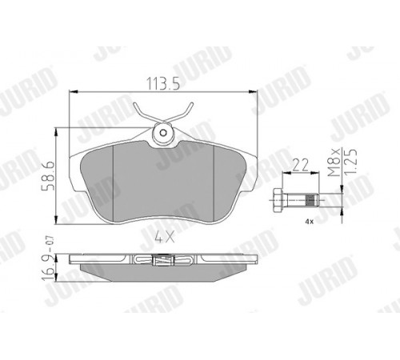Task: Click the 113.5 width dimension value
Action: [x=163, y=83]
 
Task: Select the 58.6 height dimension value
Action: [x=49, y=175]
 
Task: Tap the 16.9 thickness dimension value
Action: [x=49, y=268]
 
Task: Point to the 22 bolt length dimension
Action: [x=301, y=165]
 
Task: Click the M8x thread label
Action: [x=334, y=162]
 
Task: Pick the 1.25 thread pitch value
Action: [x=350, y=162]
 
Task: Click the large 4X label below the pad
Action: [x=165, y=237]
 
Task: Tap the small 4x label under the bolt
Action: [x=310, y=222]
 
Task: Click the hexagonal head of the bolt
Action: [x=278, y=200]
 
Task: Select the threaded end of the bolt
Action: [x=311, y=200]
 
